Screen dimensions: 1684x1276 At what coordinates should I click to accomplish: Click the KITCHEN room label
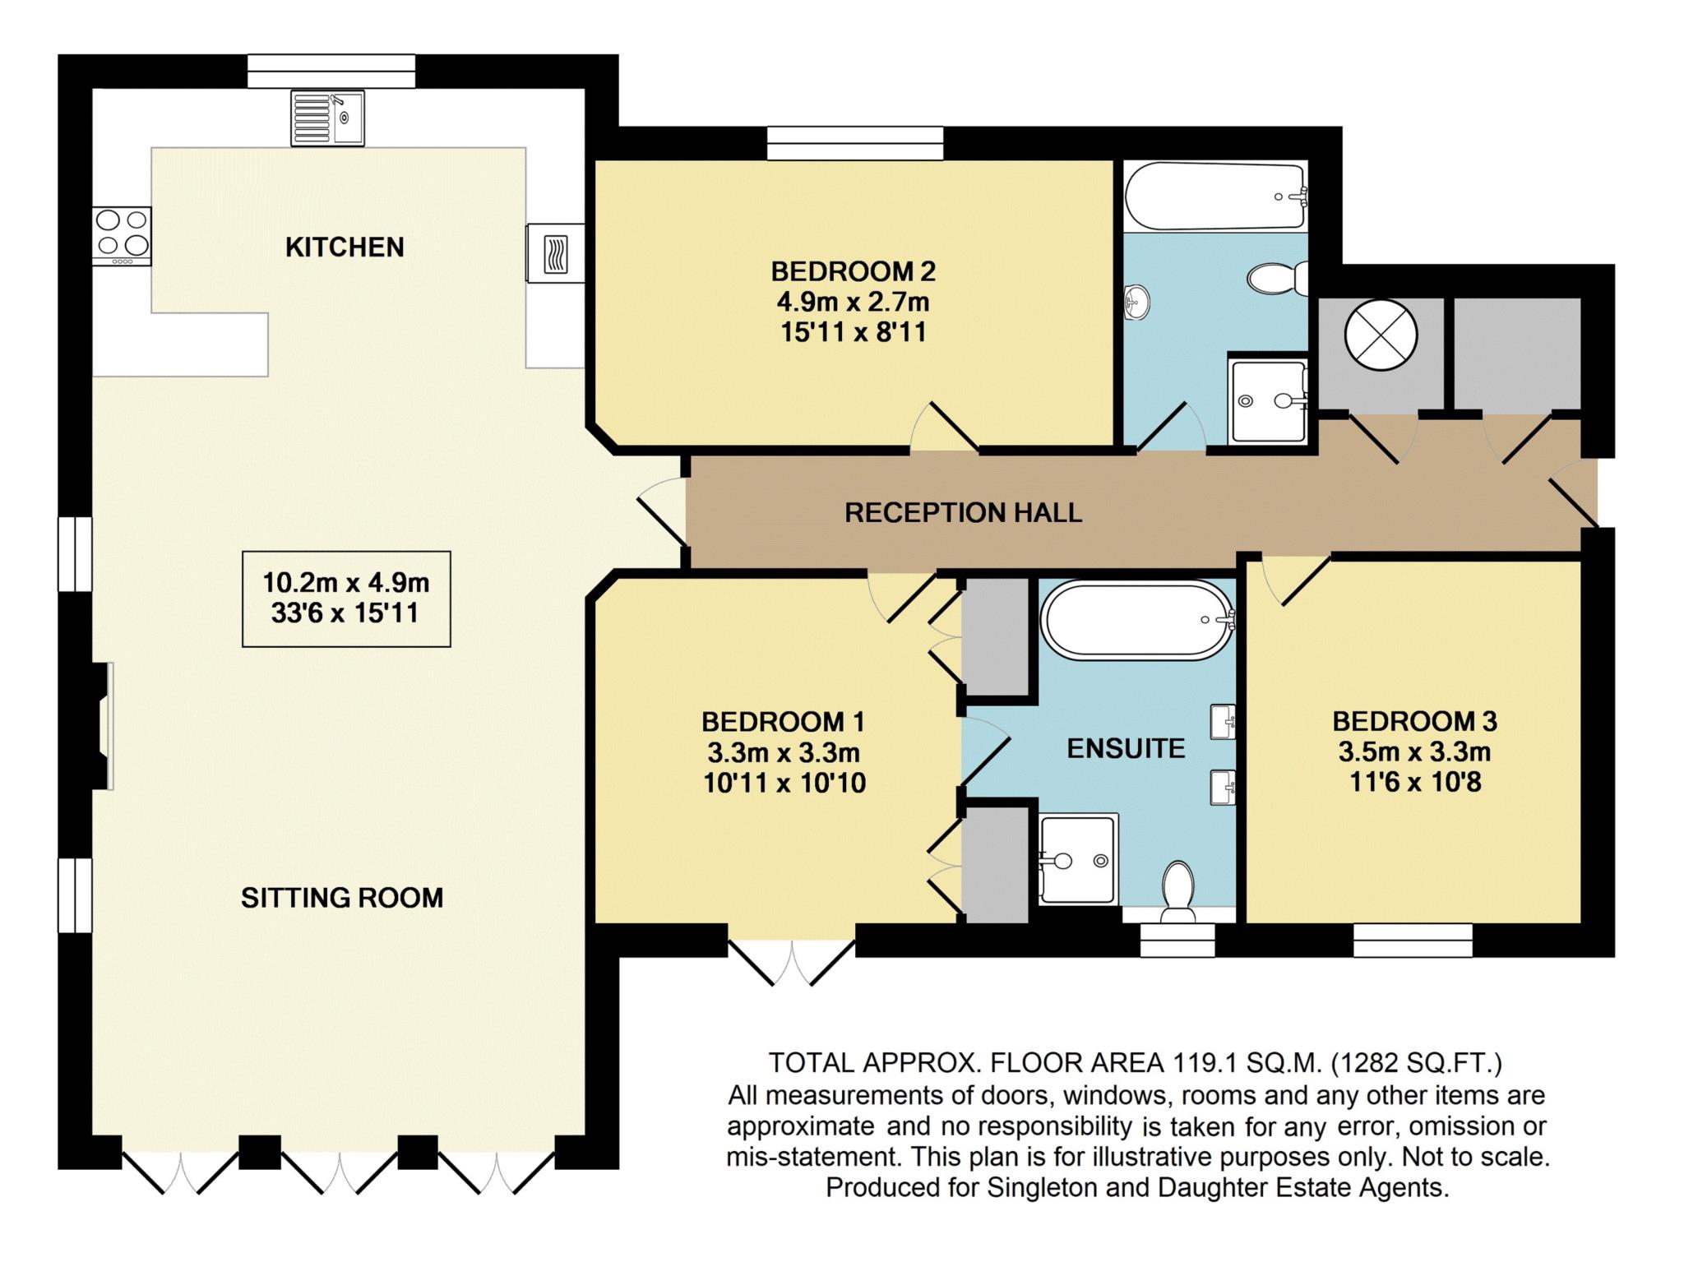pyautogui.click(x=345, y=247)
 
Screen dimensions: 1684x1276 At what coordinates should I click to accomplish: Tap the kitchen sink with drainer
pyautogui.click(x=327, y=118)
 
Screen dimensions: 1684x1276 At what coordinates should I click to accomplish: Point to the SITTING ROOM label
pyautogui.click(x=342, y=897)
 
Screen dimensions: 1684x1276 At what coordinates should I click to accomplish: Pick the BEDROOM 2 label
pyautogui.click(x=854, y=270)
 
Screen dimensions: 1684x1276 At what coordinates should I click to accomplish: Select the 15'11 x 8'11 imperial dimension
pyautogui.click(x=854, y=332)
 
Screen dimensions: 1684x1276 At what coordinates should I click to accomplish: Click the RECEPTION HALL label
pyautogui.click(x=964, y=512)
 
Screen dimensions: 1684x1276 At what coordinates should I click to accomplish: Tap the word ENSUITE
pyautogui.click(x=1126, y=748)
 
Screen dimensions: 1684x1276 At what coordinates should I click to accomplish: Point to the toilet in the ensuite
pyautogui.click(x=1178, y=892)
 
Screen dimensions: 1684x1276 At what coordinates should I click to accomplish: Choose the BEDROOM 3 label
pyautogui.click(x=1415, y=721)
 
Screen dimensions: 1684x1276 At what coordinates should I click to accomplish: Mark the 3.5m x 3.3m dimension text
pyautogui.click(x=1415, y=751)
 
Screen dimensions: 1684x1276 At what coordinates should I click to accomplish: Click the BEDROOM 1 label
pyautogui.click(x=783, y=722)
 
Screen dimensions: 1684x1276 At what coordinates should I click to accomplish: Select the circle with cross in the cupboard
pyautogui.click(x=1381, y=335)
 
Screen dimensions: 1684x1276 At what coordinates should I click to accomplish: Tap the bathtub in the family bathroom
pyautogui.click(x=1215, y=197)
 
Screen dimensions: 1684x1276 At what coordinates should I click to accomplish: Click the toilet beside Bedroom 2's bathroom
pyautogui.click(x=1278, y=279)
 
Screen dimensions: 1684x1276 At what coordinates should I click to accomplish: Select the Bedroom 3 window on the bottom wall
pyautogui.click(x=1413, y=940)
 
